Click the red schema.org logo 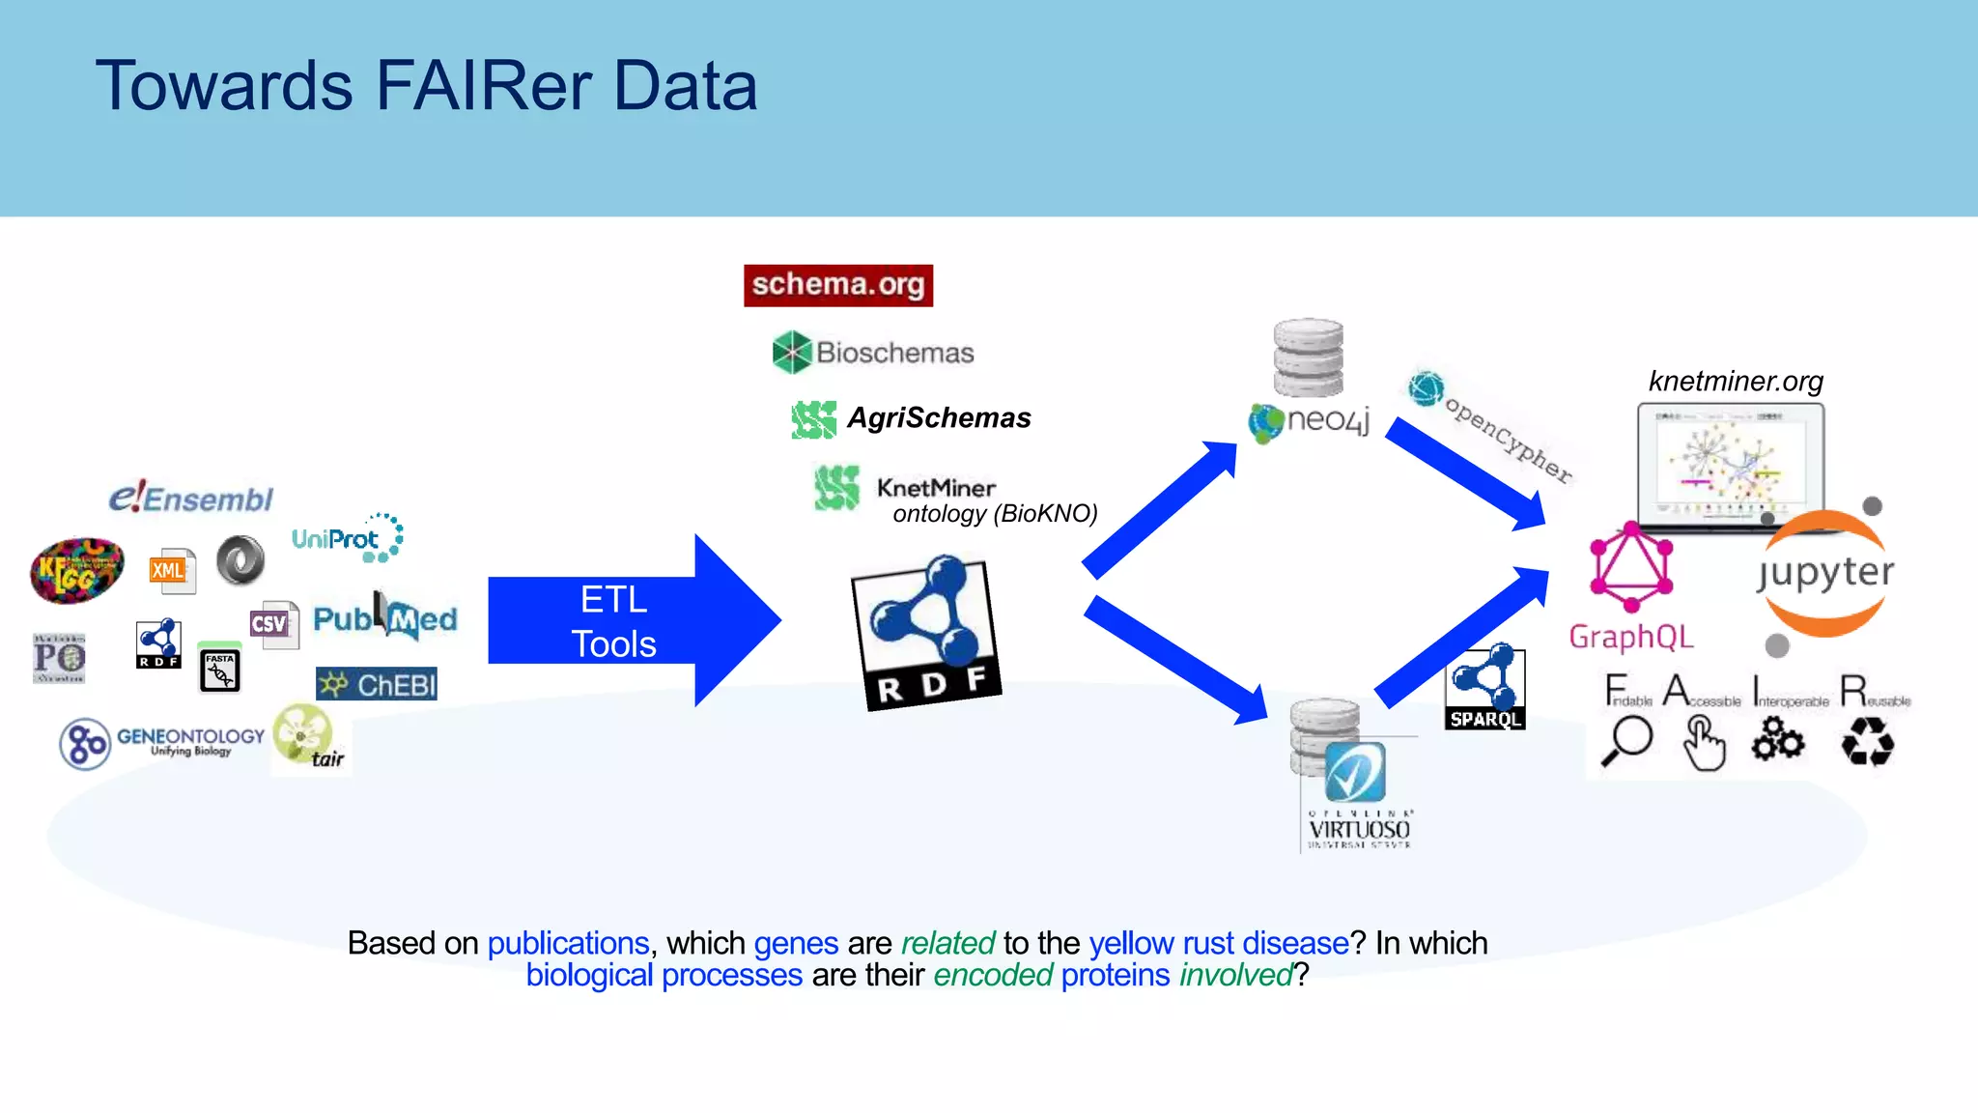pyautogui.click(x=838, y=285)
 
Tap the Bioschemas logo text pyautogui.click(x=894, y=353)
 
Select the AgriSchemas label pyautogui.click(x=938, y=418)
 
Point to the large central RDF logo pyautogui.click(x=925, y=633)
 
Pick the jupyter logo pyautogui.click(x=1823, y=572)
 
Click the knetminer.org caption pyautogui.click(x=1736, y=382)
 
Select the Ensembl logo pyautogui.click(x=191, y=499)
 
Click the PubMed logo pyautogui.click(x=384, y=618)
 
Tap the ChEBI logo pyautogui.click(x=377, y=684)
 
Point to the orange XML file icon pyautogui.click(x=171, y=571)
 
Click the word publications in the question pyautogui.click(x=568, y=943)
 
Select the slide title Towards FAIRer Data pyautogui.click(x=426, y=86)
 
